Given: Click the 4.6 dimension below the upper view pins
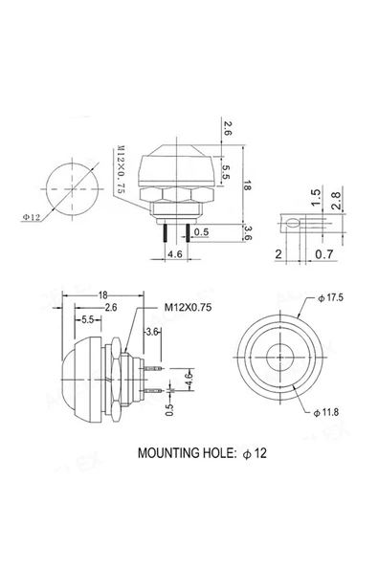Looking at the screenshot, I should tap(175, 255).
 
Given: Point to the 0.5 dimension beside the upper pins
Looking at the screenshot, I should tap(202, 232).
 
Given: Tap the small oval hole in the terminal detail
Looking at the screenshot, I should tap(289, 223).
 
